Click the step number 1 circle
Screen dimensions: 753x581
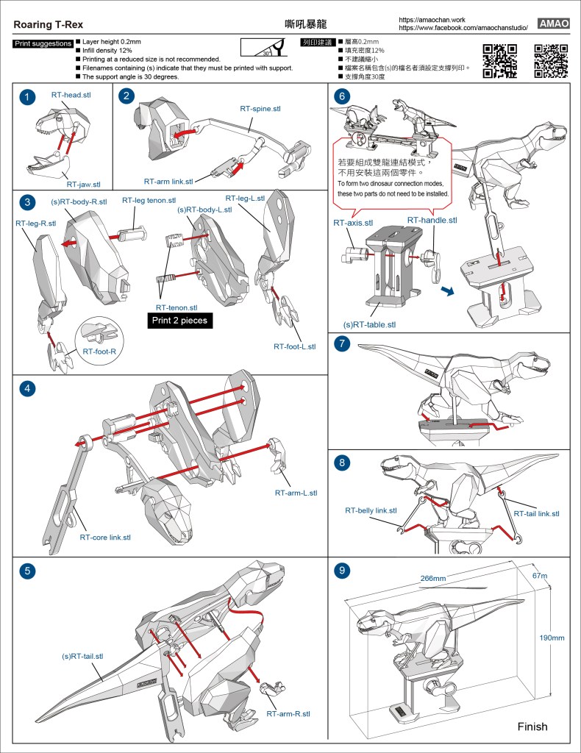click(x=26, y=98)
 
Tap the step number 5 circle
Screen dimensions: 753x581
click(x=26, y=571)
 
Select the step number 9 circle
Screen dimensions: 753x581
click(x=341, y=571)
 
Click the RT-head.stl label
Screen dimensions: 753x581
click(x=71, y=96)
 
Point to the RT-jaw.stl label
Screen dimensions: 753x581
click(x=83, y=185)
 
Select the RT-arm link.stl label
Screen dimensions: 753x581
click(x=168, y=181)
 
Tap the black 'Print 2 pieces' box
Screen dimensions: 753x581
click(x=179, y=321)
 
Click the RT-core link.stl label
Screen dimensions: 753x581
click(x=105, y=538)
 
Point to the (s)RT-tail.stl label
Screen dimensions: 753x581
click(x=82, y=656)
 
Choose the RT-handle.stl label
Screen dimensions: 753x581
click(x=432, y=220)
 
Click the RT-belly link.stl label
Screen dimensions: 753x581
click(x=371, y=510)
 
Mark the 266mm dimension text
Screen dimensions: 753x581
click(x=433, y=579)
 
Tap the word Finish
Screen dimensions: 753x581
click(x=532, y=727)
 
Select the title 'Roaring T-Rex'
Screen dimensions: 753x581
click(x=43, y=24)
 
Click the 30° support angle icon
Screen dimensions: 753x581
click(x=267, y=48)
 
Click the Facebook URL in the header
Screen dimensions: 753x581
click(x=463, y=27)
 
